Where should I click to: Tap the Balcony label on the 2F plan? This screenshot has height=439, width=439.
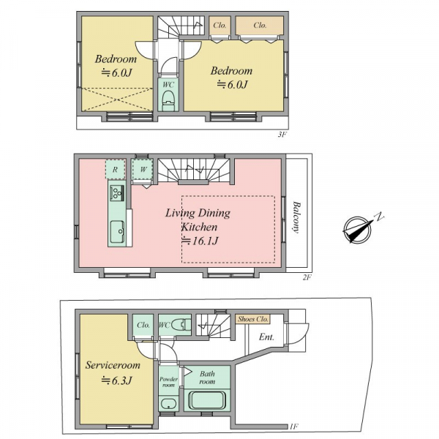pos(296,217)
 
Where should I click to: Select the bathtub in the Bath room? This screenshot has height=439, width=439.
pos(207,400)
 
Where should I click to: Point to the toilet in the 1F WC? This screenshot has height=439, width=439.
pos(181,326)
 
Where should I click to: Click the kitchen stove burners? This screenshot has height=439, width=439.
pos(117,193)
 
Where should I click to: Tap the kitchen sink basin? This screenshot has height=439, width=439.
pos(117,232)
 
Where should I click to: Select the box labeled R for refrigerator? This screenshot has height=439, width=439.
pos(115,170)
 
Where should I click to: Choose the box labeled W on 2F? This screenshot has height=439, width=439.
pos(143,169)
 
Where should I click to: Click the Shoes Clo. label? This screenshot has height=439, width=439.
pos(253,319)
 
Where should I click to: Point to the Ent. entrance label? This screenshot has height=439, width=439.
pos(266,337)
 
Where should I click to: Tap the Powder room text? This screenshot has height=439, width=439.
pos(168,382)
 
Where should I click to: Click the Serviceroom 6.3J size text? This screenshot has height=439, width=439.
pos(116,380)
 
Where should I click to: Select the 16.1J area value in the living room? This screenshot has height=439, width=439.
pos(200,241)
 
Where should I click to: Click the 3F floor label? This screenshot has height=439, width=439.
pos(282,135)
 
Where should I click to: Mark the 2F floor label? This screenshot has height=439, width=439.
pos(307,277)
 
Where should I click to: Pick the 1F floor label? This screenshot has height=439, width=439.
pos(294,427)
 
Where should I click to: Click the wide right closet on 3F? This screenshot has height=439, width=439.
pos(260,26)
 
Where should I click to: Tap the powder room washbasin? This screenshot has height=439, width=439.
pos(168,404)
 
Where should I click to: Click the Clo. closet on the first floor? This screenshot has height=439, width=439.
pos(143,325)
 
